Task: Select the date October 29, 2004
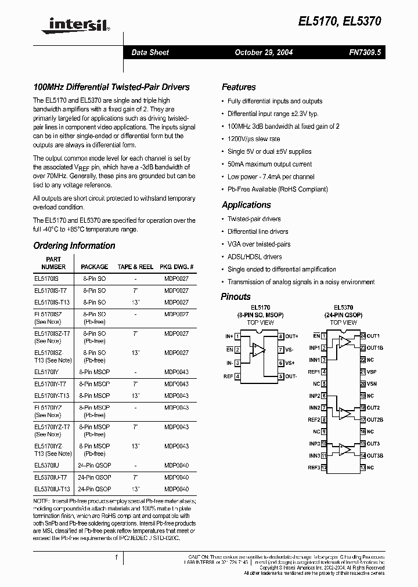[x=263, y=52]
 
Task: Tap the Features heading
[x=239, y=87]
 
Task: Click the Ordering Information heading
[x=74, y=245]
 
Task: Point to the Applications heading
[x=246, y=205]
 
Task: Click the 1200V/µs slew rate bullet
[x=254, y=139]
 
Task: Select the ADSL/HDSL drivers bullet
[x=254, y=256]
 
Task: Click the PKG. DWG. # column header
[x=176, y=267]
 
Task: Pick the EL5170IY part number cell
[x=47, y=372]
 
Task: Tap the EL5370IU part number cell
[x=47, y=465]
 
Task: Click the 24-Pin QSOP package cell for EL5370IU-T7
[x=94, y=477]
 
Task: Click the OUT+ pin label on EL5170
[x=291, y=336]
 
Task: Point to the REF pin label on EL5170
[x=228, y=376]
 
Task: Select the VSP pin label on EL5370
[x=372, y=371]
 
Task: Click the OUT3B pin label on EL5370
[x=375, y=455]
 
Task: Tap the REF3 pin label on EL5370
[x=313, y=468]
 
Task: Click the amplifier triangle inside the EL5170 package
[x=257, y=350]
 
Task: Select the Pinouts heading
[x=236, y=296]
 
